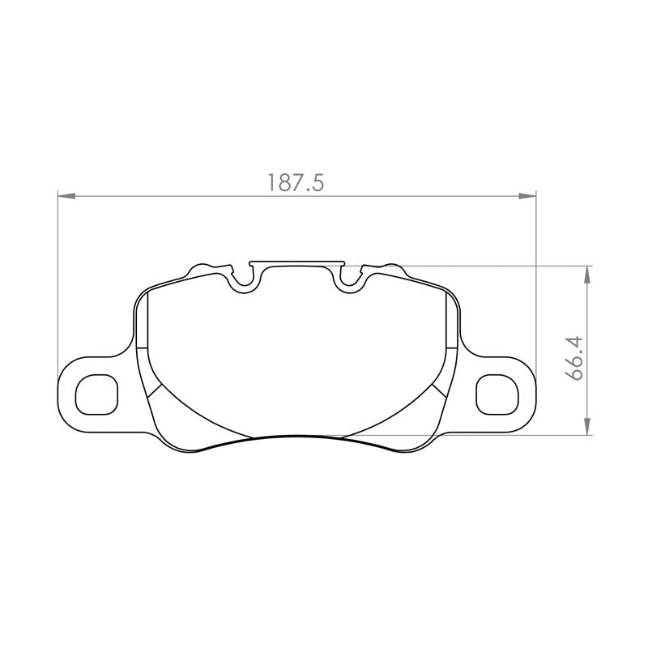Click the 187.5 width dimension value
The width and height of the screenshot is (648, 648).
[296, 183]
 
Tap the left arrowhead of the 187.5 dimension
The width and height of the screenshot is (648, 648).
[65, 195]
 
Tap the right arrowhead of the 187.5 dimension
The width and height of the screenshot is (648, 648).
[528, 195]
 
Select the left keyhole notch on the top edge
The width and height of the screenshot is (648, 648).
[244, 279]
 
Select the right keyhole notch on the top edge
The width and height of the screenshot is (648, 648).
[351, 279]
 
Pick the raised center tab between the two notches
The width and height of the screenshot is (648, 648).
[297, 262]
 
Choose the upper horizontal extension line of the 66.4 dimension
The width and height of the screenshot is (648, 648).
[502, 265]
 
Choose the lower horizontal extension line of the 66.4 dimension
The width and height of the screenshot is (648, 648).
[502, 436]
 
